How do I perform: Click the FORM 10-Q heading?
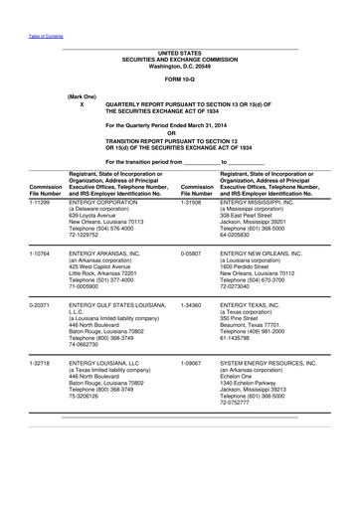[179, 78]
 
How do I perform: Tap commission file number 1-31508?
[197, 200]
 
